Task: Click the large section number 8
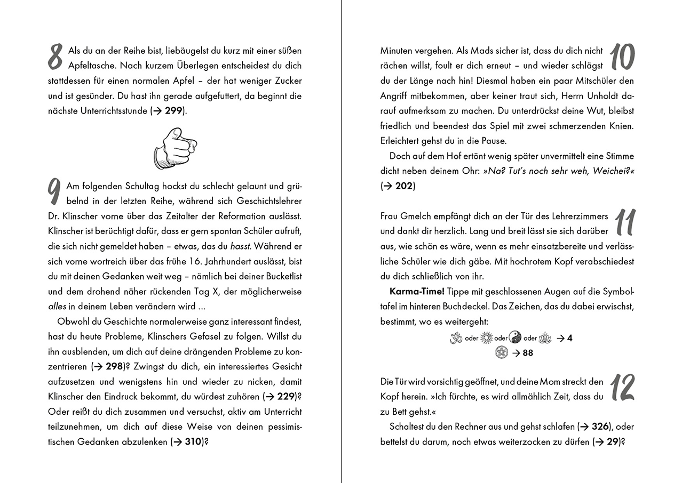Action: click(x=56, y=57)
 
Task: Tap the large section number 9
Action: click(x=54, y=192)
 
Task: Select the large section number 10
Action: click(x=621, y=57)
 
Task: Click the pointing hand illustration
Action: click(x=175, y=148)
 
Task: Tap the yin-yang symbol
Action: click(x=515, y=337)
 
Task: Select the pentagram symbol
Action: click(x=501, y=352)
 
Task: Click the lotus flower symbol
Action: click(x=545, y=337)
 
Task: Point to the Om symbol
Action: click(x=456, y=337)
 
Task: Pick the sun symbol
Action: click(x=486, y=337)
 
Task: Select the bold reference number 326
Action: click(x=600, y=426)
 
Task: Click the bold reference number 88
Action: click(x=527, y=353)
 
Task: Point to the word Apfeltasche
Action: click(x=90, y=66)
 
